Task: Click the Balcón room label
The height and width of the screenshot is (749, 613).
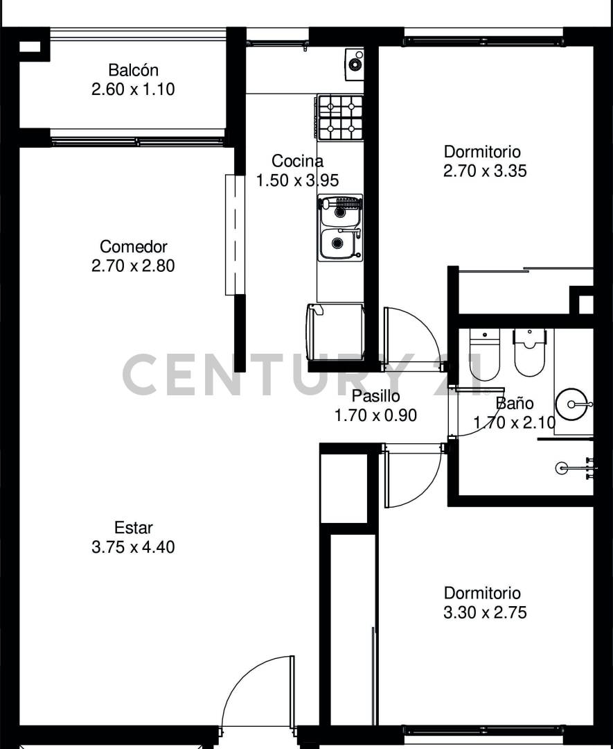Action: click(x=133, y=70)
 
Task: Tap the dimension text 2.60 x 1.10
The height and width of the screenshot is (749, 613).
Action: click(x=133, y=89)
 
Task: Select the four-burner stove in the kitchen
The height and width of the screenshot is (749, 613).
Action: click(x=340, y=116)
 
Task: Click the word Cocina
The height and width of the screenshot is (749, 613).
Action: click(x=297, y=162)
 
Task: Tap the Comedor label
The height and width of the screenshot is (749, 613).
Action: click(x=133, y=246)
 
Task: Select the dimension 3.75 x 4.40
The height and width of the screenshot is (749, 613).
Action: click(x=133, y=547)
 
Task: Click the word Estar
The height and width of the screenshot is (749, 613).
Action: click(x=133, y=528)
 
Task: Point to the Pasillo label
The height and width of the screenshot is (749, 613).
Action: click(x=375, y=397)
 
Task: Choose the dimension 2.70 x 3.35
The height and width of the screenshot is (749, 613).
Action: click(x=484, y=171)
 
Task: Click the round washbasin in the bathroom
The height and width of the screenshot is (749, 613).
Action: click(x=574, y=403)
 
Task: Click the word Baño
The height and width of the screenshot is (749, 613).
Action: click(x=514, y=404)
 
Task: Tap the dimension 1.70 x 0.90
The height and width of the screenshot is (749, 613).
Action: click(x=375, y=415)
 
